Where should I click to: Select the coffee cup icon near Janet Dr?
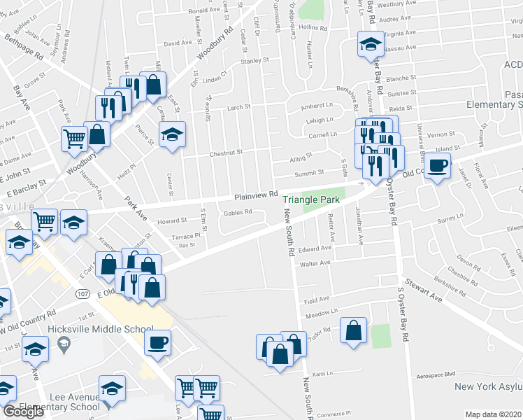(438, 167)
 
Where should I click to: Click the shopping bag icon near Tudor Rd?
(354, 330)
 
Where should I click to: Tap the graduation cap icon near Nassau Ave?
(368, 45)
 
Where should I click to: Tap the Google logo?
(23, 412)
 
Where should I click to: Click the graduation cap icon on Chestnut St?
(172, 134)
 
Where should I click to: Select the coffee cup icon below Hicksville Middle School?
(157, 343)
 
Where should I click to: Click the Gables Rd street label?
(237, 213)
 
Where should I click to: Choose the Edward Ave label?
(315, 249)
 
